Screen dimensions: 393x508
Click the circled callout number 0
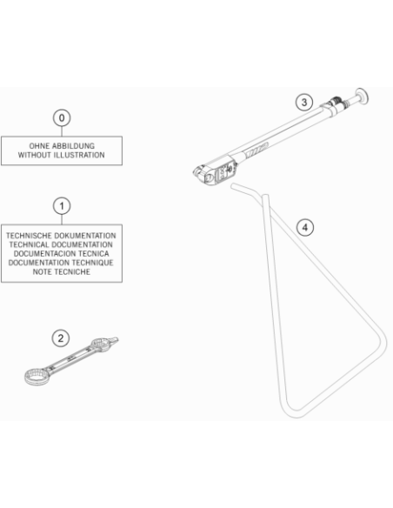(x=62, y=118)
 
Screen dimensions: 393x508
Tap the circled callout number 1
(x=62, y=206)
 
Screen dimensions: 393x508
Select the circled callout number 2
(x=61, y=338)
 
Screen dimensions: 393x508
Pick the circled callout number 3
(x=304, y=103)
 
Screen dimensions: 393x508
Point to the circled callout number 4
(x=305, y=228)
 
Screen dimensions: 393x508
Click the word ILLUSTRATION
(x=79, y=155)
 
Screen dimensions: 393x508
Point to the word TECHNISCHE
(x=29, y=236)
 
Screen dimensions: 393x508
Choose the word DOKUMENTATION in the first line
(x=85, y=236)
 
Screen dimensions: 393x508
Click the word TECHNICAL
(x=30, y=244)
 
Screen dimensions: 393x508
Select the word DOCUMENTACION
(x=43, y=254)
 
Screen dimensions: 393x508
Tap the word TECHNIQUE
(x=92, y=263)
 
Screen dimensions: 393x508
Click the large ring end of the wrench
(x=37, y=377)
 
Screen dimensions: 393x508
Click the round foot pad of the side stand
(x=362, y=97)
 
